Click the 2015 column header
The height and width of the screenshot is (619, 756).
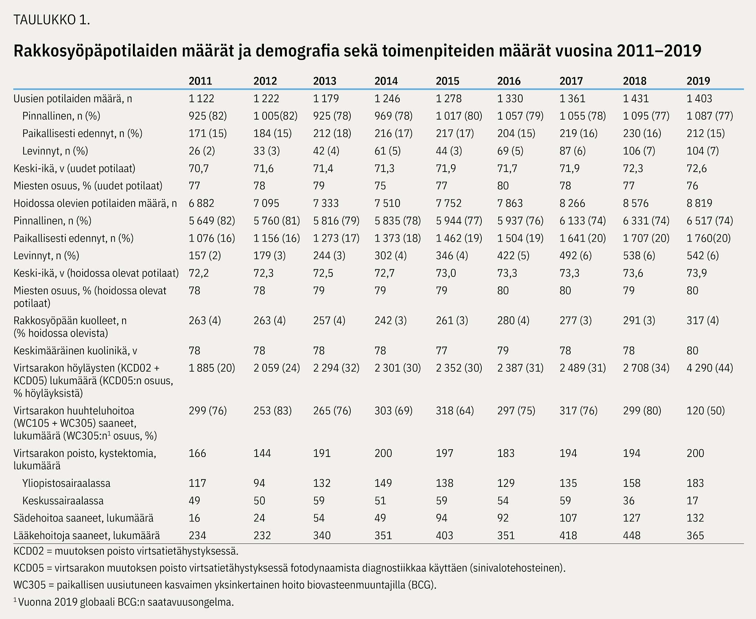point(447,81)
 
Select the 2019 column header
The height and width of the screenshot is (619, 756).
point(698,81)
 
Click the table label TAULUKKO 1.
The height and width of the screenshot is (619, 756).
point(52,20)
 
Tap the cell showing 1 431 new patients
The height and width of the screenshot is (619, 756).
point(636,99)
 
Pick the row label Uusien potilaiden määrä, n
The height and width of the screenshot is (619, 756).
point(73,99)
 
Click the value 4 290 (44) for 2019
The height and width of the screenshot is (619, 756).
point(710,368)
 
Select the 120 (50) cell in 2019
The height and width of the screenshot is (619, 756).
point(706,411)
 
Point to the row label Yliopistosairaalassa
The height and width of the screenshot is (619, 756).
point(66,483)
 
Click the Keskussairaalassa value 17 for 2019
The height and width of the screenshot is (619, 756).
point(693,501)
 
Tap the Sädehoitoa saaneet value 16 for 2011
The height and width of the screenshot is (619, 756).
point(195,518)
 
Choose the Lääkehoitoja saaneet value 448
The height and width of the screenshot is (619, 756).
point(632,536)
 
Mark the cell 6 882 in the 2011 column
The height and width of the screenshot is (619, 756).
point(202,203)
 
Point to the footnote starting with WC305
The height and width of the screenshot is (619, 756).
point(225,585)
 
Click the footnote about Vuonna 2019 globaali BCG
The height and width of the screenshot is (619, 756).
point(124,602)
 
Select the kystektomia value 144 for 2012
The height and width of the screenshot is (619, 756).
point(262,453)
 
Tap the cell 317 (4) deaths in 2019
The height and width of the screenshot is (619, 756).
point(703,320)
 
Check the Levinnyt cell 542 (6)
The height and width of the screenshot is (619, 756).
point(703,256)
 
